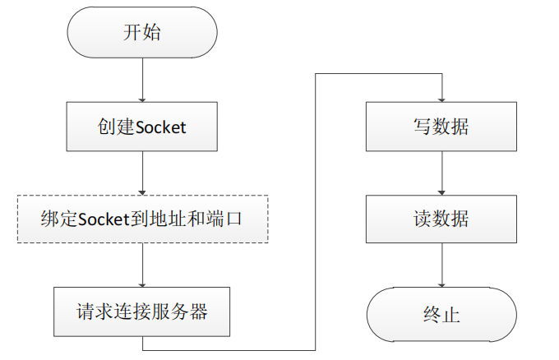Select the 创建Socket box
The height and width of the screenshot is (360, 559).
pyautogui.click(x=142, y=127)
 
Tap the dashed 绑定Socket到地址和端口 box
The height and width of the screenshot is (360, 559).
pyautogui.click(x=142, y=219)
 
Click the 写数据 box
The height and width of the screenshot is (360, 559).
pyautogui.click(x=441, y=127)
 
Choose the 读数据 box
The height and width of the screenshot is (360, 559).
pyautogui.click(x=441, y=219)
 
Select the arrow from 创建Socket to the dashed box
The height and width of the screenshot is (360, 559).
pyautogui.click(x=142, y=173)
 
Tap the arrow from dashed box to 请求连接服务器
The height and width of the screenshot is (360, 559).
pyautogui.click(x=142, y=265)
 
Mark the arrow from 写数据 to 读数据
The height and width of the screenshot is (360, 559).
pyautogui.click(x=441, y=173)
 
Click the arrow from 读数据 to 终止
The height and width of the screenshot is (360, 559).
pyautogui.click(x=441, y=265)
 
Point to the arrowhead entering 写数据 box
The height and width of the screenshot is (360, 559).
pyautogui.click(x=441, y=99)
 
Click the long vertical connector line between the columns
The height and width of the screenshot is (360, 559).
pyautogui.click(x=316, y=205)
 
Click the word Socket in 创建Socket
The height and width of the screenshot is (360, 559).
pyautogui.click(x=160, y=127)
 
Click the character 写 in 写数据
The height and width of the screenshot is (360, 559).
pyautogui.click(x=422, y=127)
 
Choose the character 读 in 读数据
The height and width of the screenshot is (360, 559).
pyautogui.click(x=422, y=219)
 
